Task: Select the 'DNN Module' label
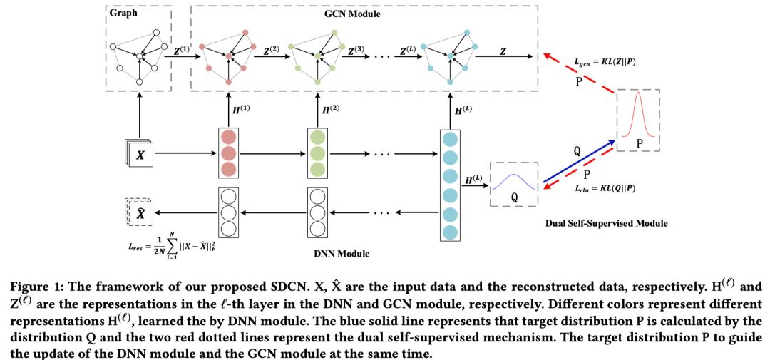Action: (x=339, y=253)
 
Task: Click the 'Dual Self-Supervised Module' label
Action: (x=607, y=223)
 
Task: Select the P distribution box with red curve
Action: (x=638, y=120)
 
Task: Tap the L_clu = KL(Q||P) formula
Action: (x=606, y=190)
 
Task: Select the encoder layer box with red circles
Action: (x=227, y=153)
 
